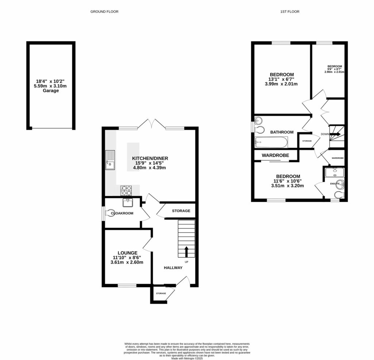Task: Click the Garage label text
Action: click(x=51, y=91)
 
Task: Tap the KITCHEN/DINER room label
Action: click(x=150, y=158)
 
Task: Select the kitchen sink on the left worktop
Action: click(x=110, y=160)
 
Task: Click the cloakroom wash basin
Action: click(x=128, y=202)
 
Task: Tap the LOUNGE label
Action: click(x=127, y=253)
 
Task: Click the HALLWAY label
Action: click(x=173, y=268)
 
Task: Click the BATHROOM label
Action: click(x=282, y=132)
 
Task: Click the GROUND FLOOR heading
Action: click(x=104, y=12)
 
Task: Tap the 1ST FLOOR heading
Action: click(x=290, y=12)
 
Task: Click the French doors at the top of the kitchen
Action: click(x=152, y=123)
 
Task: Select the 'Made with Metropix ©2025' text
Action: click(x=187, y=358)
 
